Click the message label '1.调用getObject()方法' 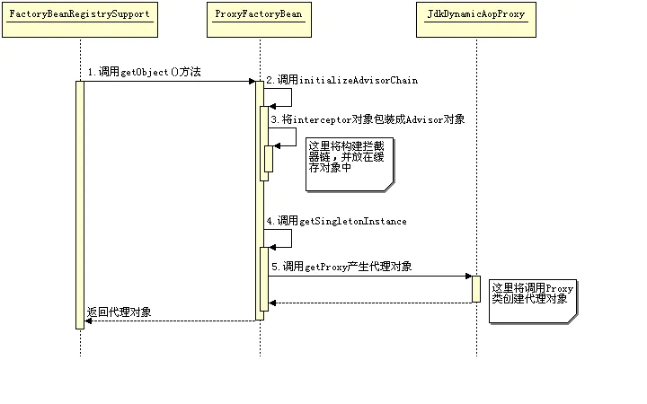[144, 71]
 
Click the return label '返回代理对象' [119, 312]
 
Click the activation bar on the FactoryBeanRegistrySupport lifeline [80, 205]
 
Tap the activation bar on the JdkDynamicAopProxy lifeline [476, 289]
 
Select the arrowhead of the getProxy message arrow [468, 276]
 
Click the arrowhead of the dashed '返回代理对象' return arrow [88, 321]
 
